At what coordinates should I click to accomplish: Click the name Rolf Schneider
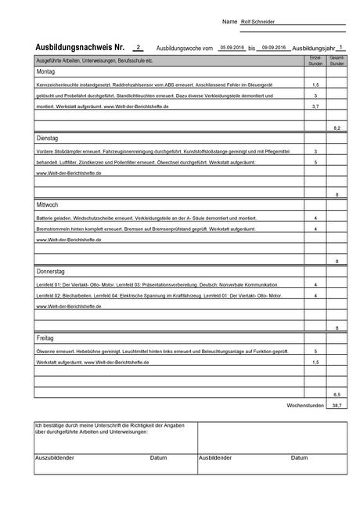(x=257, y=22)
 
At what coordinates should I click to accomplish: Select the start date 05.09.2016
(x=232, y=48)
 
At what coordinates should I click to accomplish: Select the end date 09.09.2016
(x=273, y=48)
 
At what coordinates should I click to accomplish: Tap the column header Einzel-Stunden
(x=315, y=60)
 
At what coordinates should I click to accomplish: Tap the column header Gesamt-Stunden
(x=337, y=60)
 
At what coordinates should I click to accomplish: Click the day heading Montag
(x=46, y=71)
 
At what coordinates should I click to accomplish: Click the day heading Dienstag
(x=48, y=138)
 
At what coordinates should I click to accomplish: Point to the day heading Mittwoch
(x=48, y=204)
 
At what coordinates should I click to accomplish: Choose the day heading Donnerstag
(x=52, y=271)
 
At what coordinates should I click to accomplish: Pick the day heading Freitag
(x=45, y=338)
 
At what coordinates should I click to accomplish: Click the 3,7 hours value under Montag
(x=315, y=105)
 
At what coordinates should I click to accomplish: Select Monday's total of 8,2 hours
(x=337, y=127)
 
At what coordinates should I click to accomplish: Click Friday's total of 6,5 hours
(x=337, y=394)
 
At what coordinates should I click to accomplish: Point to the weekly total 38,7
(x=337, y=406)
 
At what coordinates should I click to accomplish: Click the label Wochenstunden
(x=306, y=406)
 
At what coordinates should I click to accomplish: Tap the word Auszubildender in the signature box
(x=55, y=457)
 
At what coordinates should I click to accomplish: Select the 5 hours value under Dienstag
(x=315, y=161)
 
